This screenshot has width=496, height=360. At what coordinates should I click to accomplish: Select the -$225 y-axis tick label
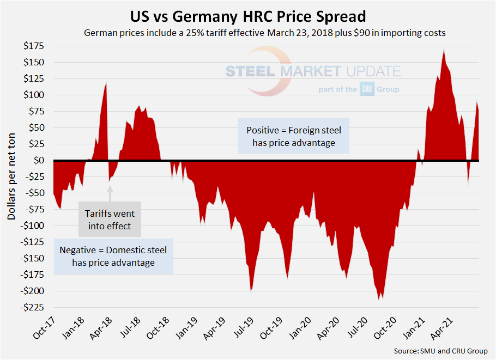[x=32, y=308]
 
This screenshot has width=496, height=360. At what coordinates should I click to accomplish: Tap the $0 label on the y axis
[x=38, y=160]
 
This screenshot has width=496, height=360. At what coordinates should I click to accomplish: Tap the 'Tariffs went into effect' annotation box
[x=110, y=219]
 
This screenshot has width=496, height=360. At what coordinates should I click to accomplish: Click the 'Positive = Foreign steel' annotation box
[x=293, y=137]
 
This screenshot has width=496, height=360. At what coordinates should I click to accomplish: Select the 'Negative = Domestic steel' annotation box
[x=113, y=256]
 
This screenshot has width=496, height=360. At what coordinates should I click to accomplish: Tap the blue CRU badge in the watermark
[x=367, y=89]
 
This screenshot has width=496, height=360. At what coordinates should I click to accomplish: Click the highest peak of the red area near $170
[x=444, y=50]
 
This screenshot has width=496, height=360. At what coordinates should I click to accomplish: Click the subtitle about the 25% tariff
[x=265, y=33]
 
